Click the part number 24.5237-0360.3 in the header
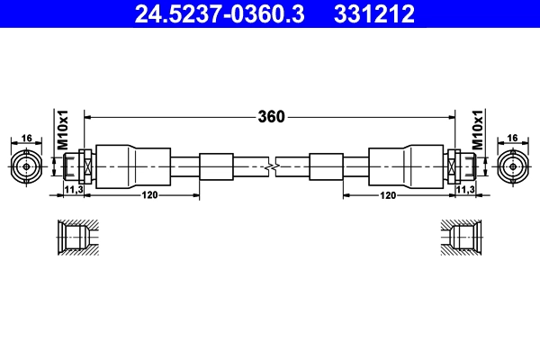point(208,13)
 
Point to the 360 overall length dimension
point(271,117)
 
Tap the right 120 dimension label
point(389,195)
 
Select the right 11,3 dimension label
point(465,191)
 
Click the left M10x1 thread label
point(63,130)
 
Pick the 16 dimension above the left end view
point(27,138)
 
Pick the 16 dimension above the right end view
point(512,138)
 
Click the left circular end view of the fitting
point(27,166)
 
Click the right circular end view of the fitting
point(512,166)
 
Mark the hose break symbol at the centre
point(271,166)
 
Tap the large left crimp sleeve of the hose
point(132,166)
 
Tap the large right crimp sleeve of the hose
point(407,166)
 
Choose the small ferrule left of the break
point(216,166)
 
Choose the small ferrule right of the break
point(325,166)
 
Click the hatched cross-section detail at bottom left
point(77,238)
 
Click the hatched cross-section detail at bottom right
point(463,238)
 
